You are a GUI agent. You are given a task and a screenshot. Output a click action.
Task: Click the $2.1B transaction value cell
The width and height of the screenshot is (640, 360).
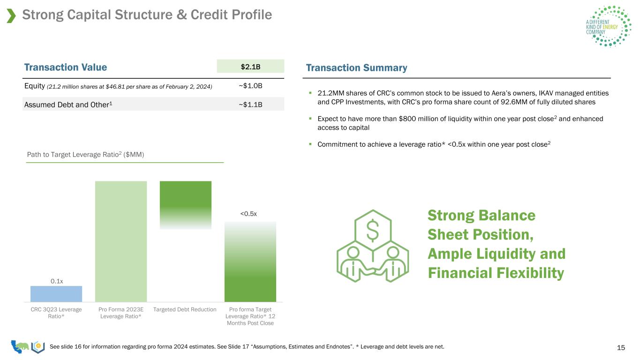(x=250, y=66)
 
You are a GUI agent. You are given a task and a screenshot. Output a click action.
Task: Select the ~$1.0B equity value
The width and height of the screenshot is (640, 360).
(x=250, y=86)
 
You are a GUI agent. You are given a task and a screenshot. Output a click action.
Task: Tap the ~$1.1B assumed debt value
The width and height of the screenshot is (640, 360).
(x=250, y=105)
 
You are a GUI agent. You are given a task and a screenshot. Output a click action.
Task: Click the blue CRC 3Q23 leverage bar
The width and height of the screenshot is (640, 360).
(x=56, y=294)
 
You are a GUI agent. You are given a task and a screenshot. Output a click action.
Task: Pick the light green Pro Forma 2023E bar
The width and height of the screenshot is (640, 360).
(x=121, y=241)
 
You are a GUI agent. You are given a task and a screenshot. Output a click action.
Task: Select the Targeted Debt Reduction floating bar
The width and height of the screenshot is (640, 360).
(x=186, y=205)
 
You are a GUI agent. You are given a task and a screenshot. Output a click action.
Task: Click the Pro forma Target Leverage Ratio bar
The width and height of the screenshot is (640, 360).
(x=250, y=262)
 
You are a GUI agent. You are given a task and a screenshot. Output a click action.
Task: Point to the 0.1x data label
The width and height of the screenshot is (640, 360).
(x=57, y=281)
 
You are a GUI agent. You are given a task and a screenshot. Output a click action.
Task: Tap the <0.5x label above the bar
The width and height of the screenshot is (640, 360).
(x=248, y=214)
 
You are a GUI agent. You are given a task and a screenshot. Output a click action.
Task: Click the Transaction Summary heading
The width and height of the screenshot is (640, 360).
(x=356, y=67)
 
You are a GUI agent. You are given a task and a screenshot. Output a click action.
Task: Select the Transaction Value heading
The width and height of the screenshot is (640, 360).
(x=66, y=67)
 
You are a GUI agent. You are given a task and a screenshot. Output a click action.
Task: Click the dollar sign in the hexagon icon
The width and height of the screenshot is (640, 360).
(x=373, y=231)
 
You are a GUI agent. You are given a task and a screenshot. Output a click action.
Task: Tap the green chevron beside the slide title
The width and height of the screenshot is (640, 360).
(x=11, y=15)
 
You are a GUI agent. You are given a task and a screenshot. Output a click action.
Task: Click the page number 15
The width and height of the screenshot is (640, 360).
(x=621, y=347)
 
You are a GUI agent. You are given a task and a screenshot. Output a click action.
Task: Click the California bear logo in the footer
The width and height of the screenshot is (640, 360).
(x=20, y=346)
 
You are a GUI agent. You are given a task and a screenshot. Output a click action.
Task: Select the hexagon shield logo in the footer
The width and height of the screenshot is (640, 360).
(x=38, y=347)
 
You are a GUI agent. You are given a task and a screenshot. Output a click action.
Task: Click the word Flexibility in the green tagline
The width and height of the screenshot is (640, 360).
(x=530, y=273)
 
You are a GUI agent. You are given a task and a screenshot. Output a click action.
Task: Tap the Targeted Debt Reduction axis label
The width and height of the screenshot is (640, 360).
(x=185, y=309)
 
